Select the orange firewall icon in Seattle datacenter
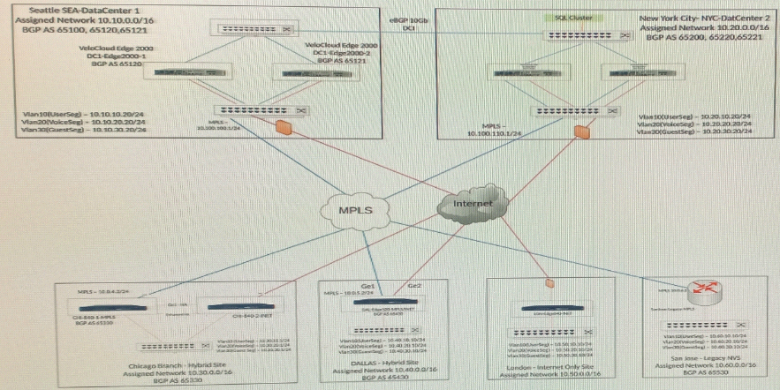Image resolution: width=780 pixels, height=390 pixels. [x=284, y=129]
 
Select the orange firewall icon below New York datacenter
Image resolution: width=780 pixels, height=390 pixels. [x=581, y=132]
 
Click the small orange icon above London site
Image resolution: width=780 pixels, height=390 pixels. [x=549, y=283]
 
